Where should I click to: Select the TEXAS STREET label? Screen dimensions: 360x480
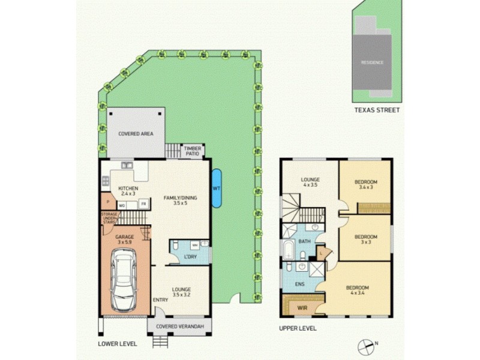click(376, 110)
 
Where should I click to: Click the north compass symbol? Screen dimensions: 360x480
click(365, 346)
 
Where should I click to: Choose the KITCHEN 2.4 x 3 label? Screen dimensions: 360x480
click(128, 191)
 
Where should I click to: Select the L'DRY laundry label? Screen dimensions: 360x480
click(190, 257)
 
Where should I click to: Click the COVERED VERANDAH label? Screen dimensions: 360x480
click(180, 326)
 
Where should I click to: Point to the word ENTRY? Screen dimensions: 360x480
click(160, 300)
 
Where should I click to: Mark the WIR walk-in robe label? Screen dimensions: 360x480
click(302, 308)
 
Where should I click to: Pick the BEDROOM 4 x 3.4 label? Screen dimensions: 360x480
click(358, 291)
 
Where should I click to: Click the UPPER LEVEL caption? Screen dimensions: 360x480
click(298, 329)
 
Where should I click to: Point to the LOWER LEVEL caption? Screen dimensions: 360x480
click(118, 344)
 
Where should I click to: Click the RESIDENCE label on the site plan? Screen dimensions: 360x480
click(372, 62)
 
